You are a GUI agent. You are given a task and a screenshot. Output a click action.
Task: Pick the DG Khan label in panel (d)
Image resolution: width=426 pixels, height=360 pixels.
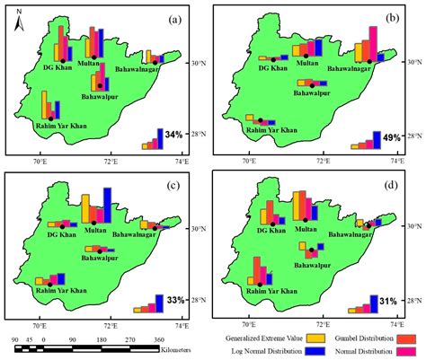click(x=272, y=230)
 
